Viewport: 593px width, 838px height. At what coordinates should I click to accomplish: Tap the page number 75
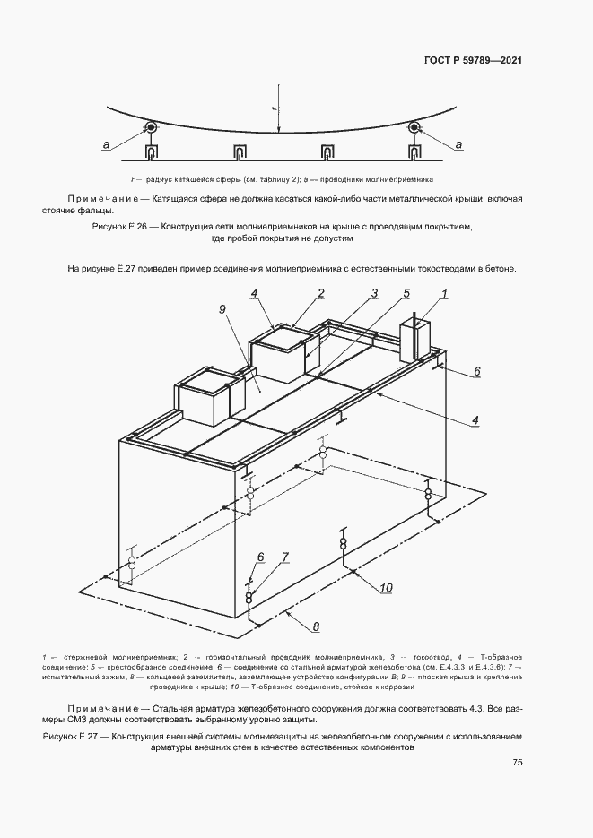pos(517,762)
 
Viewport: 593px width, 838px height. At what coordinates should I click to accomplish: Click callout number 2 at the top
pos(318,292)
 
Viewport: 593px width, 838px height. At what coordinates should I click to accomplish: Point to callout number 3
pos(375,292)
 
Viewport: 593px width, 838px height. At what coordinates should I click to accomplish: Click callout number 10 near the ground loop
pos(387,588)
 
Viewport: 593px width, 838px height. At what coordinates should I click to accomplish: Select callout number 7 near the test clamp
pos(285,557)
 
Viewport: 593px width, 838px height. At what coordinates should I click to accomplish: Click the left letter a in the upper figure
pos(107,144)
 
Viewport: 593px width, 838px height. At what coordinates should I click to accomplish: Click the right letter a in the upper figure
pos(458,144)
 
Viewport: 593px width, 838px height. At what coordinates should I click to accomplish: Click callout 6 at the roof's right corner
pos(477,370)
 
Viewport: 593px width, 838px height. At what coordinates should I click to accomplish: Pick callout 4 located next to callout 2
pos(255,292)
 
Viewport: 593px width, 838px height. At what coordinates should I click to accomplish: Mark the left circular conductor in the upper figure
pos(151,128)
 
